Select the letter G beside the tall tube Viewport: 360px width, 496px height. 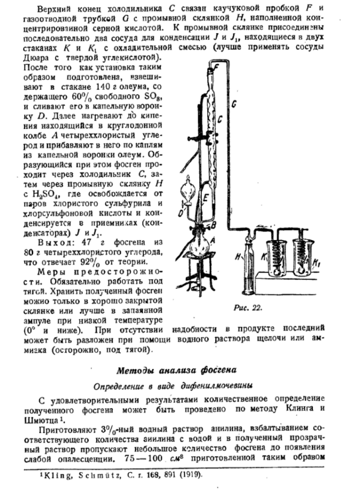pyautogui.click(x=234, y=106)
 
